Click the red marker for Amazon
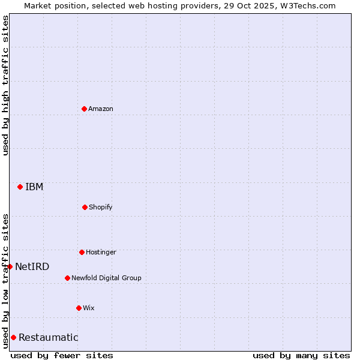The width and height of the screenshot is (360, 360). pos(84,109)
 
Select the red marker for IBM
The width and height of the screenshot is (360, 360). pos(20,187)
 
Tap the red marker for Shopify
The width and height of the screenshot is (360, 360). pos(85,207)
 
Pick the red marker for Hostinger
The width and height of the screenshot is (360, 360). pos(82,252)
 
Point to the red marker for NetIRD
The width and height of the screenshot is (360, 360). pos(10,266)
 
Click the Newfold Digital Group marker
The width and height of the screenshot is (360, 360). pos(67,278)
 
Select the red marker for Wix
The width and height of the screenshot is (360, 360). pos(79,308)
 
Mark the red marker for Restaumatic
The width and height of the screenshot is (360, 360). pos(13,337)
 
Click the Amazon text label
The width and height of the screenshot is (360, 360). pos(101,109)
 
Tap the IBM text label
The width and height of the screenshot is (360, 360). pos(34,187)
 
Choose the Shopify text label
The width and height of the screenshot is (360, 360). pos(101,207)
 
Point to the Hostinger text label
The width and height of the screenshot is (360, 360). pos(101,252)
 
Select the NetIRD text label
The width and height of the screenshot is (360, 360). pos(32,266)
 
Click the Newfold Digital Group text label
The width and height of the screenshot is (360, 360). pos(106,278)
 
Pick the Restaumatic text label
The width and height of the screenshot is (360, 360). pos(49,337)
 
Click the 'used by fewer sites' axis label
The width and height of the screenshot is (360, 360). pos(62,355)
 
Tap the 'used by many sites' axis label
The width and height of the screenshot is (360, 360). pos(301,355)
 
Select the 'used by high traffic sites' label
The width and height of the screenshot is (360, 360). pos(5,85)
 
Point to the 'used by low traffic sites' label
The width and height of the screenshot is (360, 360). pos(5,281)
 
